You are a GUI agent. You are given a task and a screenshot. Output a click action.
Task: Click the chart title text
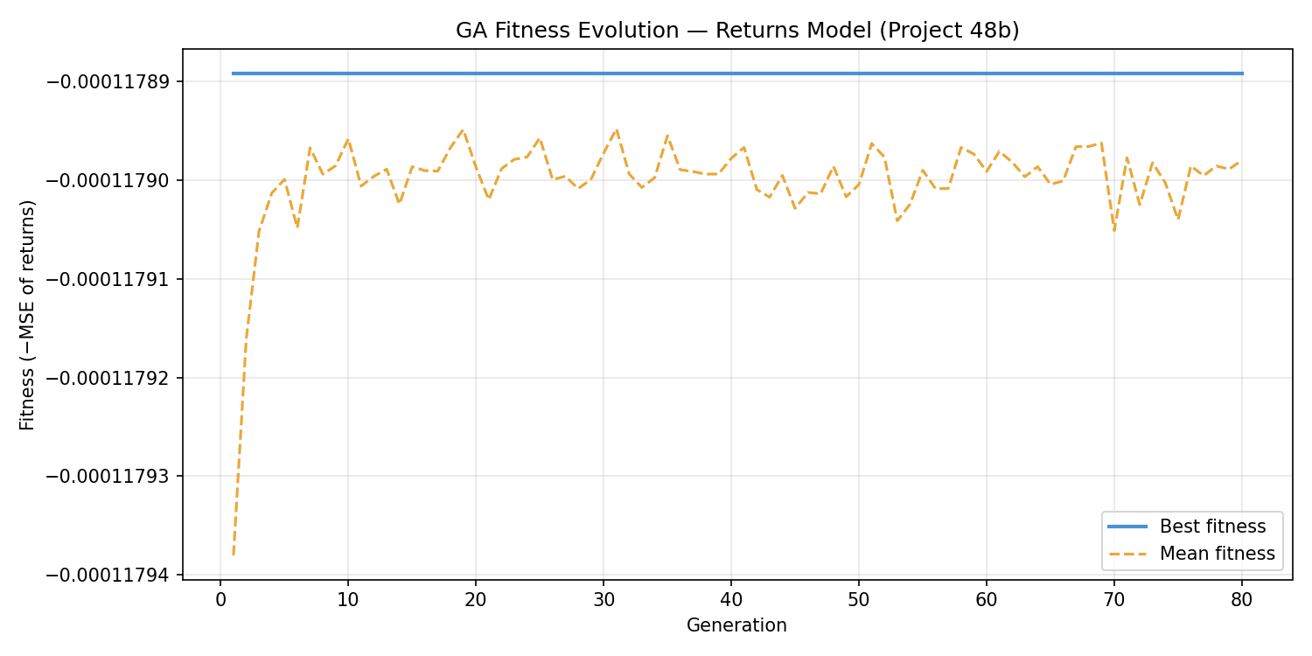(x=737, y=31)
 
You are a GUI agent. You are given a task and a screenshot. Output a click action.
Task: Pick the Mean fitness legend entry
(x=1217, y=554)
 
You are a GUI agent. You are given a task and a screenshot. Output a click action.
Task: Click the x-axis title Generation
(x=736, y=625)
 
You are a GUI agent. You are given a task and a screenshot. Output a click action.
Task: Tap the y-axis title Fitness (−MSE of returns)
(x=28, y=315)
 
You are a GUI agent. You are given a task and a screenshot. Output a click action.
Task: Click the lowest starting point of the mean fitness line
(x=234, y=555)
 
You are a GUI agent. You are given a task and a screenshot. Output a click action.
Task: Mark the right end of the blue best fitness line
(x=1242, y=73)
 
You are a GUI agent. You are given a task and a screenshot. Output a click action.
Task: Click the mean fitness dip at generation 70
(x=1114, y=230)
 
